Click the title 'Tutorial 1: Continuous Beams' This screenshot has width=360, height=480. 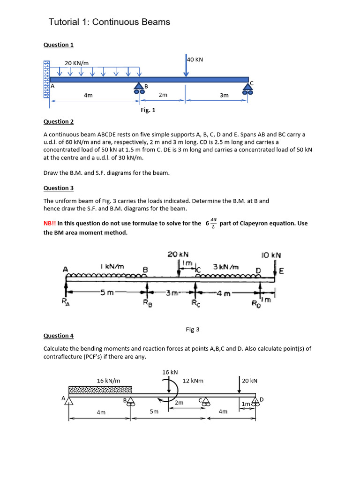click(109, 22)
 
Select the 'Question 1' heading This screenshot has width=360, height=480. click(59, 45)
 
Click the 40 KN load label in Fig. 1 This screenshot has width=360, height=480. click(195, 60)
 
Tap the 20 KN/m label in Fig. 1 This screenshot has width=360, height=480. click(76, 63)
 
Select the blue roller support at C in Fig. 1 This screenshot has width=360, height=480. click(248, 89)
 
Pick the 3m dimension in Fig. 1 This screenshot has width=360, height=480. click(224, 95)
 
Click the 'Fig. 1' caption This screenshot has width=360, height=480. click(148, 110)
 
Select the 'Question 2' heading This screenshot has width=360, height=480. click(59, 122)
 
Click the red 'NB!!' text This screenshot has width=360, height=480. click(49, 224)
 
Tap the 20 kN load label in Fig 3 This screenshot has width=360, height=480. click(178, 254)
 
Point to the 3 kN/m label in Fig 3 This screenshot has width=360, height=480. click(226, 267)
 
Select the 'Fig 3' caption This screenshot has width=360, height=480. click(193, 330)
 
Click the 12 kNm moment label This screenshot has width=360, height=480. click(192, 381)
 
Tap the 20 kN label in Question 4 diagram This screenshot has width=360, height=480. click(250, 381)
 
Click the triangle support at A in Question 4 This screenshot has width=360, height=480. click(69, 401)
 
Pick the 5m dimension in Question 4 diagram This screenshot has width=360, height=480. click(154, 412)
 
